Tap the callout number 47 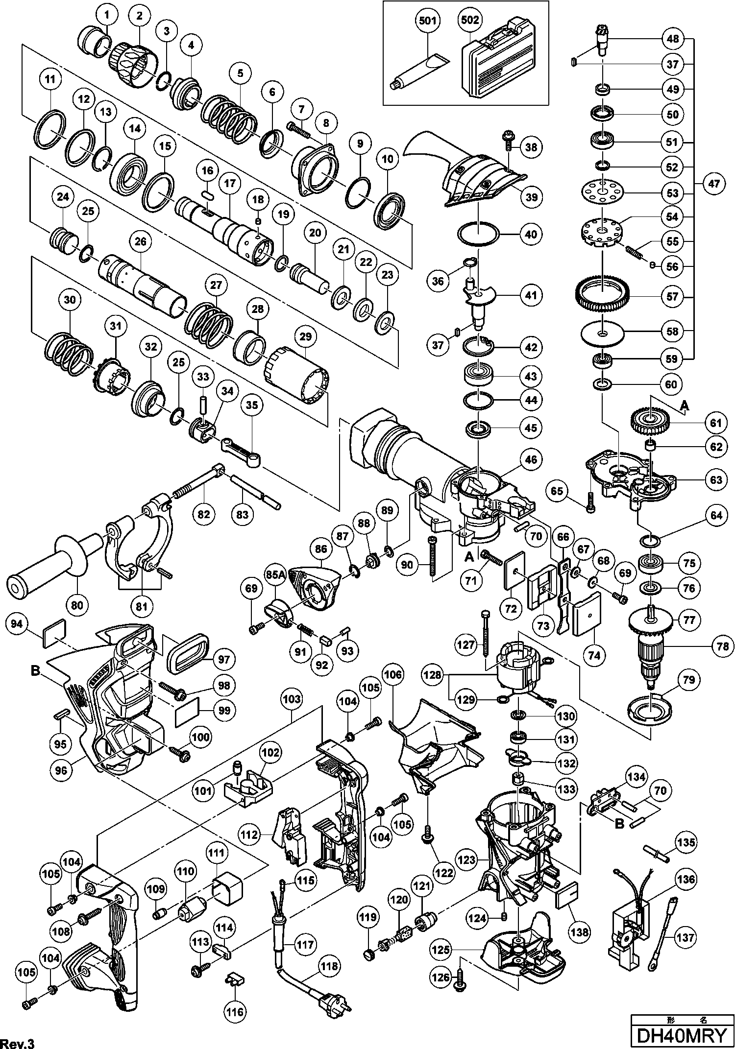(713, 184)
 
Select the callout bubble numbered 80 (77, 605)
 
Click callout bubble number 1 (107, 15)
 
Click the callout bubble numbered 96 (61, 770)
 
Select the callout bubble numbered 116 (235, 1012)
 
